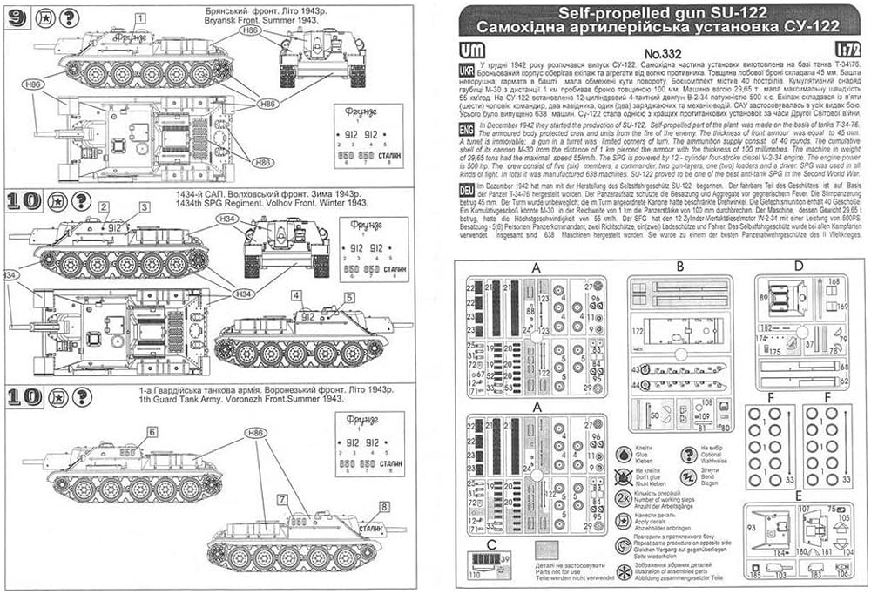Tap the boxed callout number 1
141,17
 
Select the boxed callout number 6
152,431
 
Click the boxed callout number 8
383,507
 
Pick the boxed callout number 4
298,295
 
